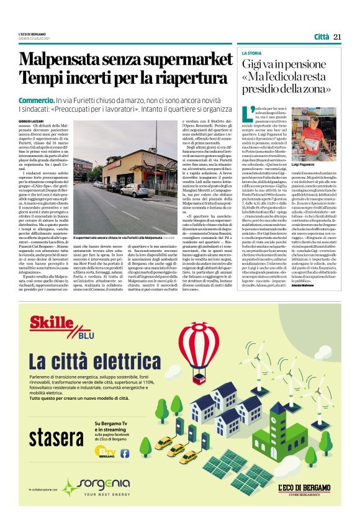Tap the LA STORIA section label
252,53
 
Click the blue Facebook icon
125,453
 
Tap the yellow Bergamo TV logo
109,453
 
